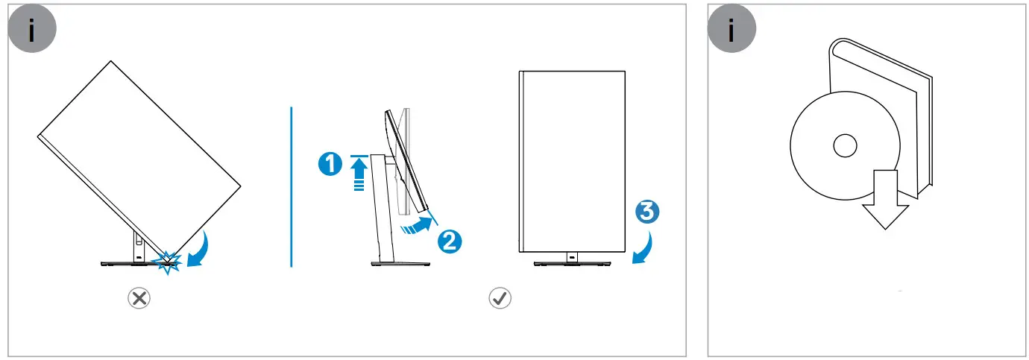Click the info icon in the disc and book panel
pyautogui.click(x=731, y=30)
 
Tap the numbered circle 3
pyautogui.click(x=646, y=212)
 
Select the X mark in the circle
pyautogui.click(x=139, y=299)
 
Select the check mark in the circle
pyautogui.click(x=499, y=299)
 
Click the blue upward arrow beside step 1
pyautogui.click(x=359, y=176)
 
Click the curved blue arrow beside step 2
pyautogui.click(x=418, y=224)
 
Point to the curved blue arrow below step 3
pyautogui.click(x=643, y=248)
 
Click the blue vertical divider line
pyautogui.click(x=291, y=186)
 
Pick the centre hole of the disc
pyautogui.click(x=845, y=145)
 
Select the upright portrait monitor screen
pyautogui.click(x=572, y=160)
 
